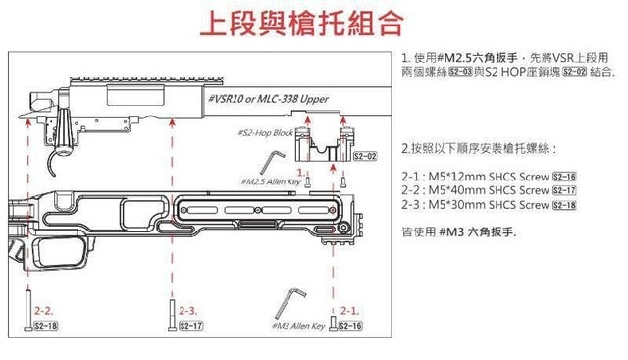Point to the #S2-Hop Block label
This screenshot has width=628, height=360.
[x=267, y=132]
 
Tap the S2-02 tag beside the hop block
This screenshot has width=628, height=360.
[x=365, y=156]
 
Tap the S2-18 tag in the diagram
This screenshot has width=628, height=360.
[x=45, y=325]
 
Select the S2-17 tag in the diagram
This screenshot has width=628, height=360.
[x=190, y=325]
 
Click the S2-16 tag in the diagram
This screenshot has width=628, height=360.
[x=349, y=325]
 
